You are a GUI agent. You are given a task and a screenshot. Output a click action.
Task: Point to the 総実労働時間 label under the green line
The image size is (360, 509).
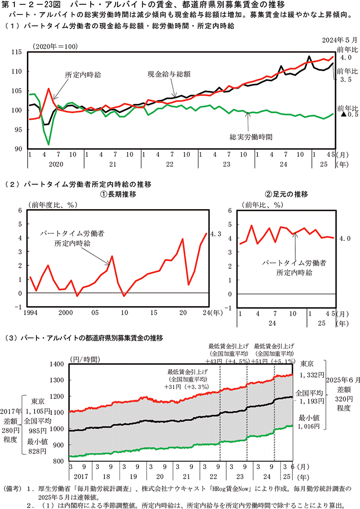252,137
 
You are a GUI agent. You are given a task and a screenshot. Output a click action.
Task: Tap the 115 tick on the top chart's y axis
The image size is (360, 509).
19,52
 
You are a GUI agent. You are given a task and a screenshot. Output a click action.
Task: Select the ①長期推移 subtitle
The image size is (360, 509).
118,194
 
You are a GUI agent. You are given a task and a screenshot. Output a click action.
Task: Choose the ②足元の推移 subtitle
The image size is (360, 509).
286,194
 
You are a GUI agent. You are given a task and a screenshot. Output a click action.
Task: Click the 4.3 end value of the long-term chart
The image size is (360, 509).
216,234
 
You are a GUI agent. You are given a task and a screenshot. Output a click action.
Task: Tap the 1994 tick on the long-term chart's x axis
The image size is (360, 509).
29,313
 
